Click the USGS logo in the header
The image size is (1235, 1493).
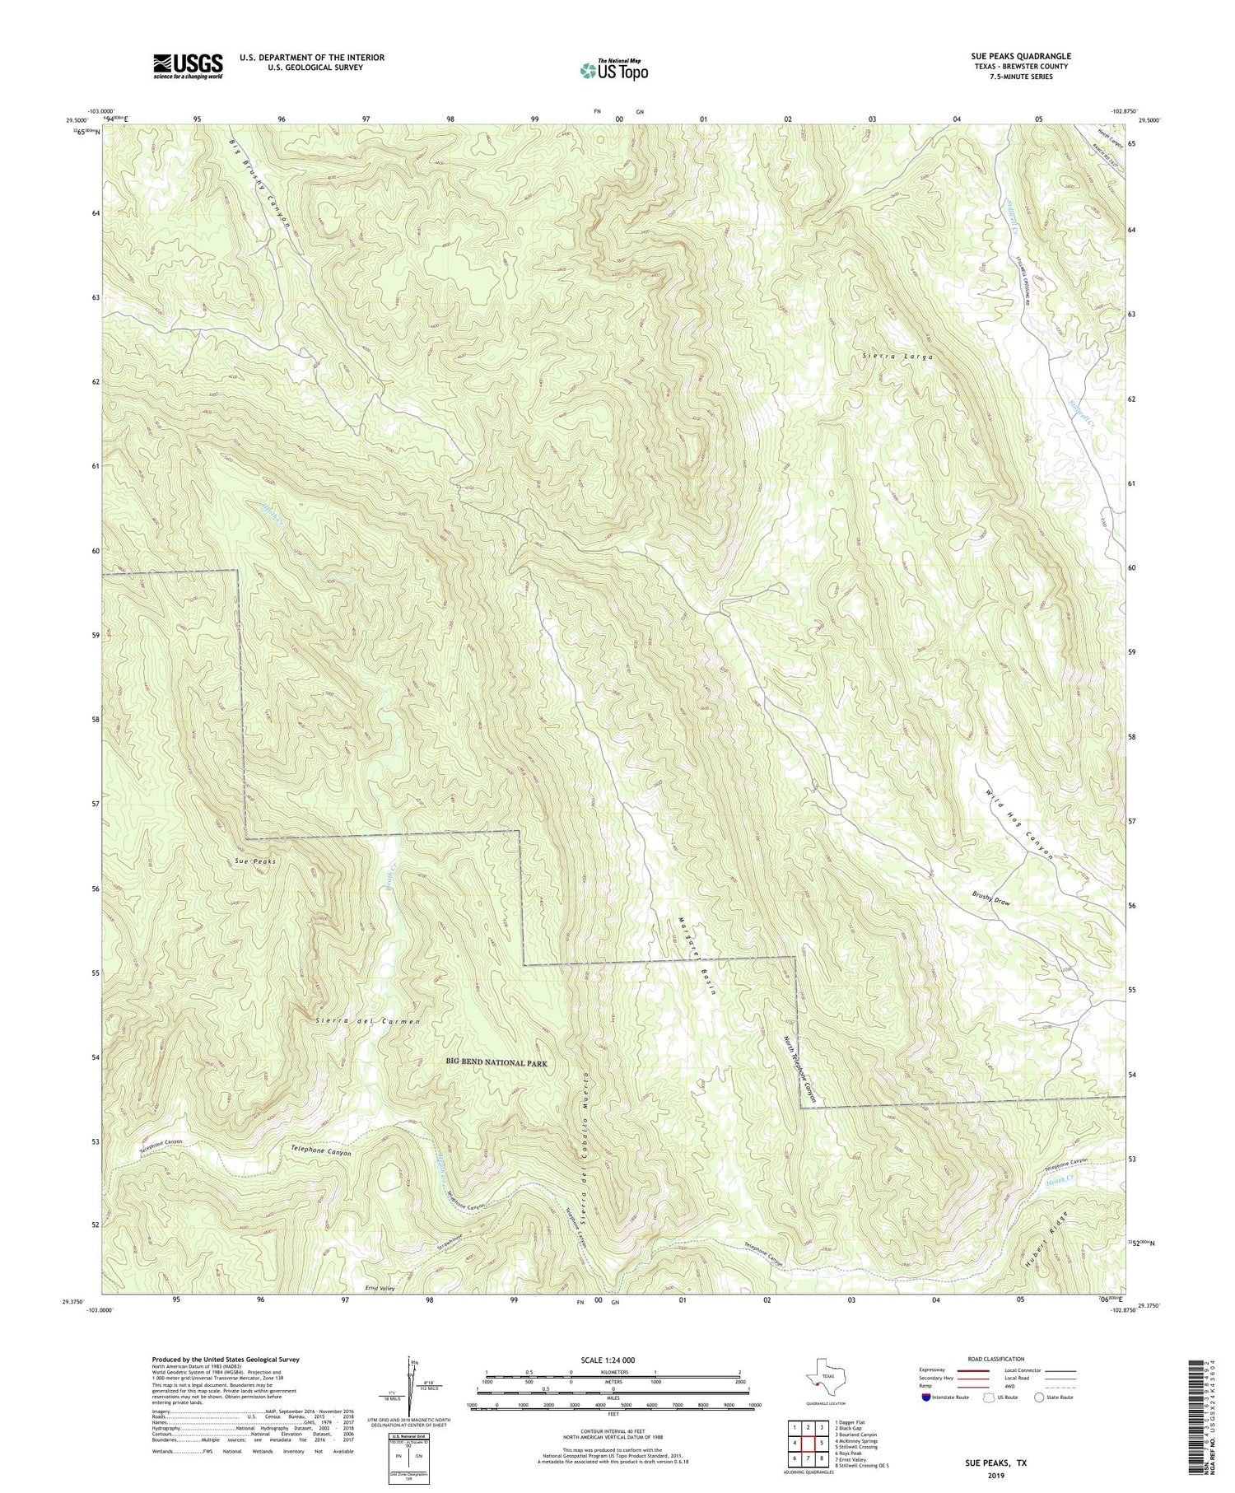tap(188, 66)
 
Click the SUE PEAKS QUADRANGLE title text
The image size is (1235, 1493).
tap(1020, 56)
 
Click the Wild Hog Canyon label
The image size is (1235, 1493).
tap(1020, 824)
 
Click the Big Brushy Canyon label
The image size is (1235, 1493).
tap(259, 185)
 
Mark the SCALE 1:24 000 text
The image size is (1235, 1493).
tap(613, 1360)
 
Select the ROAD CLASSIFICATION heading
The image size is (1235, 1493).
tap(995, 1359)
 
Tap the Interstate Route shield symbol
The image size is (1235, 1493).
tap(926, 1397)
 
